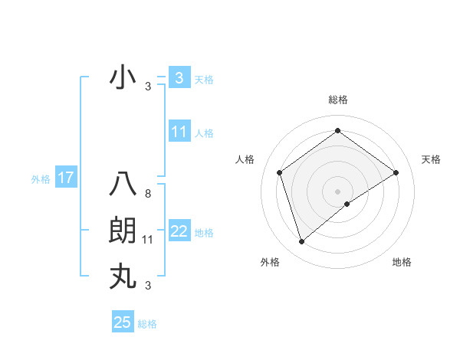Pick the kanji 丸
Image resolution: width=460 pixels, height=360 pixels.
point(123,276)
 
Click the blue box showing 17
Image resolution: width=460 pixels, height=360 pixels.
point(65,178)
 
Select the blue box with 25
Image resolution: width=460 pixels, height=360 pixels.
point(123,322)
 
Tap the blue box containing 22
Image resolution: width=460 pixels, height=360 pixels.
point(179,231)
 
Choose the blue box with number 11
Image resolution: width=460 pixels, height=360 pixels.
point(179,132)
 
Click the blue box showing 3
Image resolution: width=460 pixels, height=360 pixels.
point(179,77)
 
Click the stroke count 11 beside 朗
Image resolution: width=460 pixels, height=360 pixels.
point(147,240)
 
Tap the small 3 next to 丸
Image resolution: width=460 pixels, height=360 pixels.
point(147,286)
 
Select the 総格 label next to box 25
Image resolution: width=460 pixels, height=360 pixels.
point(147,324)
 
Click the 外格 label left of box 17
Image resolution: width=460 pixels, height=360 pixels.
point(41,179)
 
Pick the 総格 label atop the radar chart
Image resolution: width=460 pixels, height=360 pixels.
point(337,100)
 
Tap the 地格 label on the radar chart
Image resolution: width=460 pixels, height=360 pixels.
point(402,262)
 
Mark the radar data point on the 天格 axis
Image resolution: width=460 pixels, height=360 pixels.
point(396,172)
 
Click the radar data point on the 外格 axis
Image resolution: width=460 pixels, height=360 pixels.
point(301,242)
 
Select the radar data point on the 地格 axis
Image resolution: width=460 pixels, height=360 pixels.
point(347,204)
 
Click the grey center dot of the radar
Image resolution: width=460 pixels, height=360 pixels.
point(337,191)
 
